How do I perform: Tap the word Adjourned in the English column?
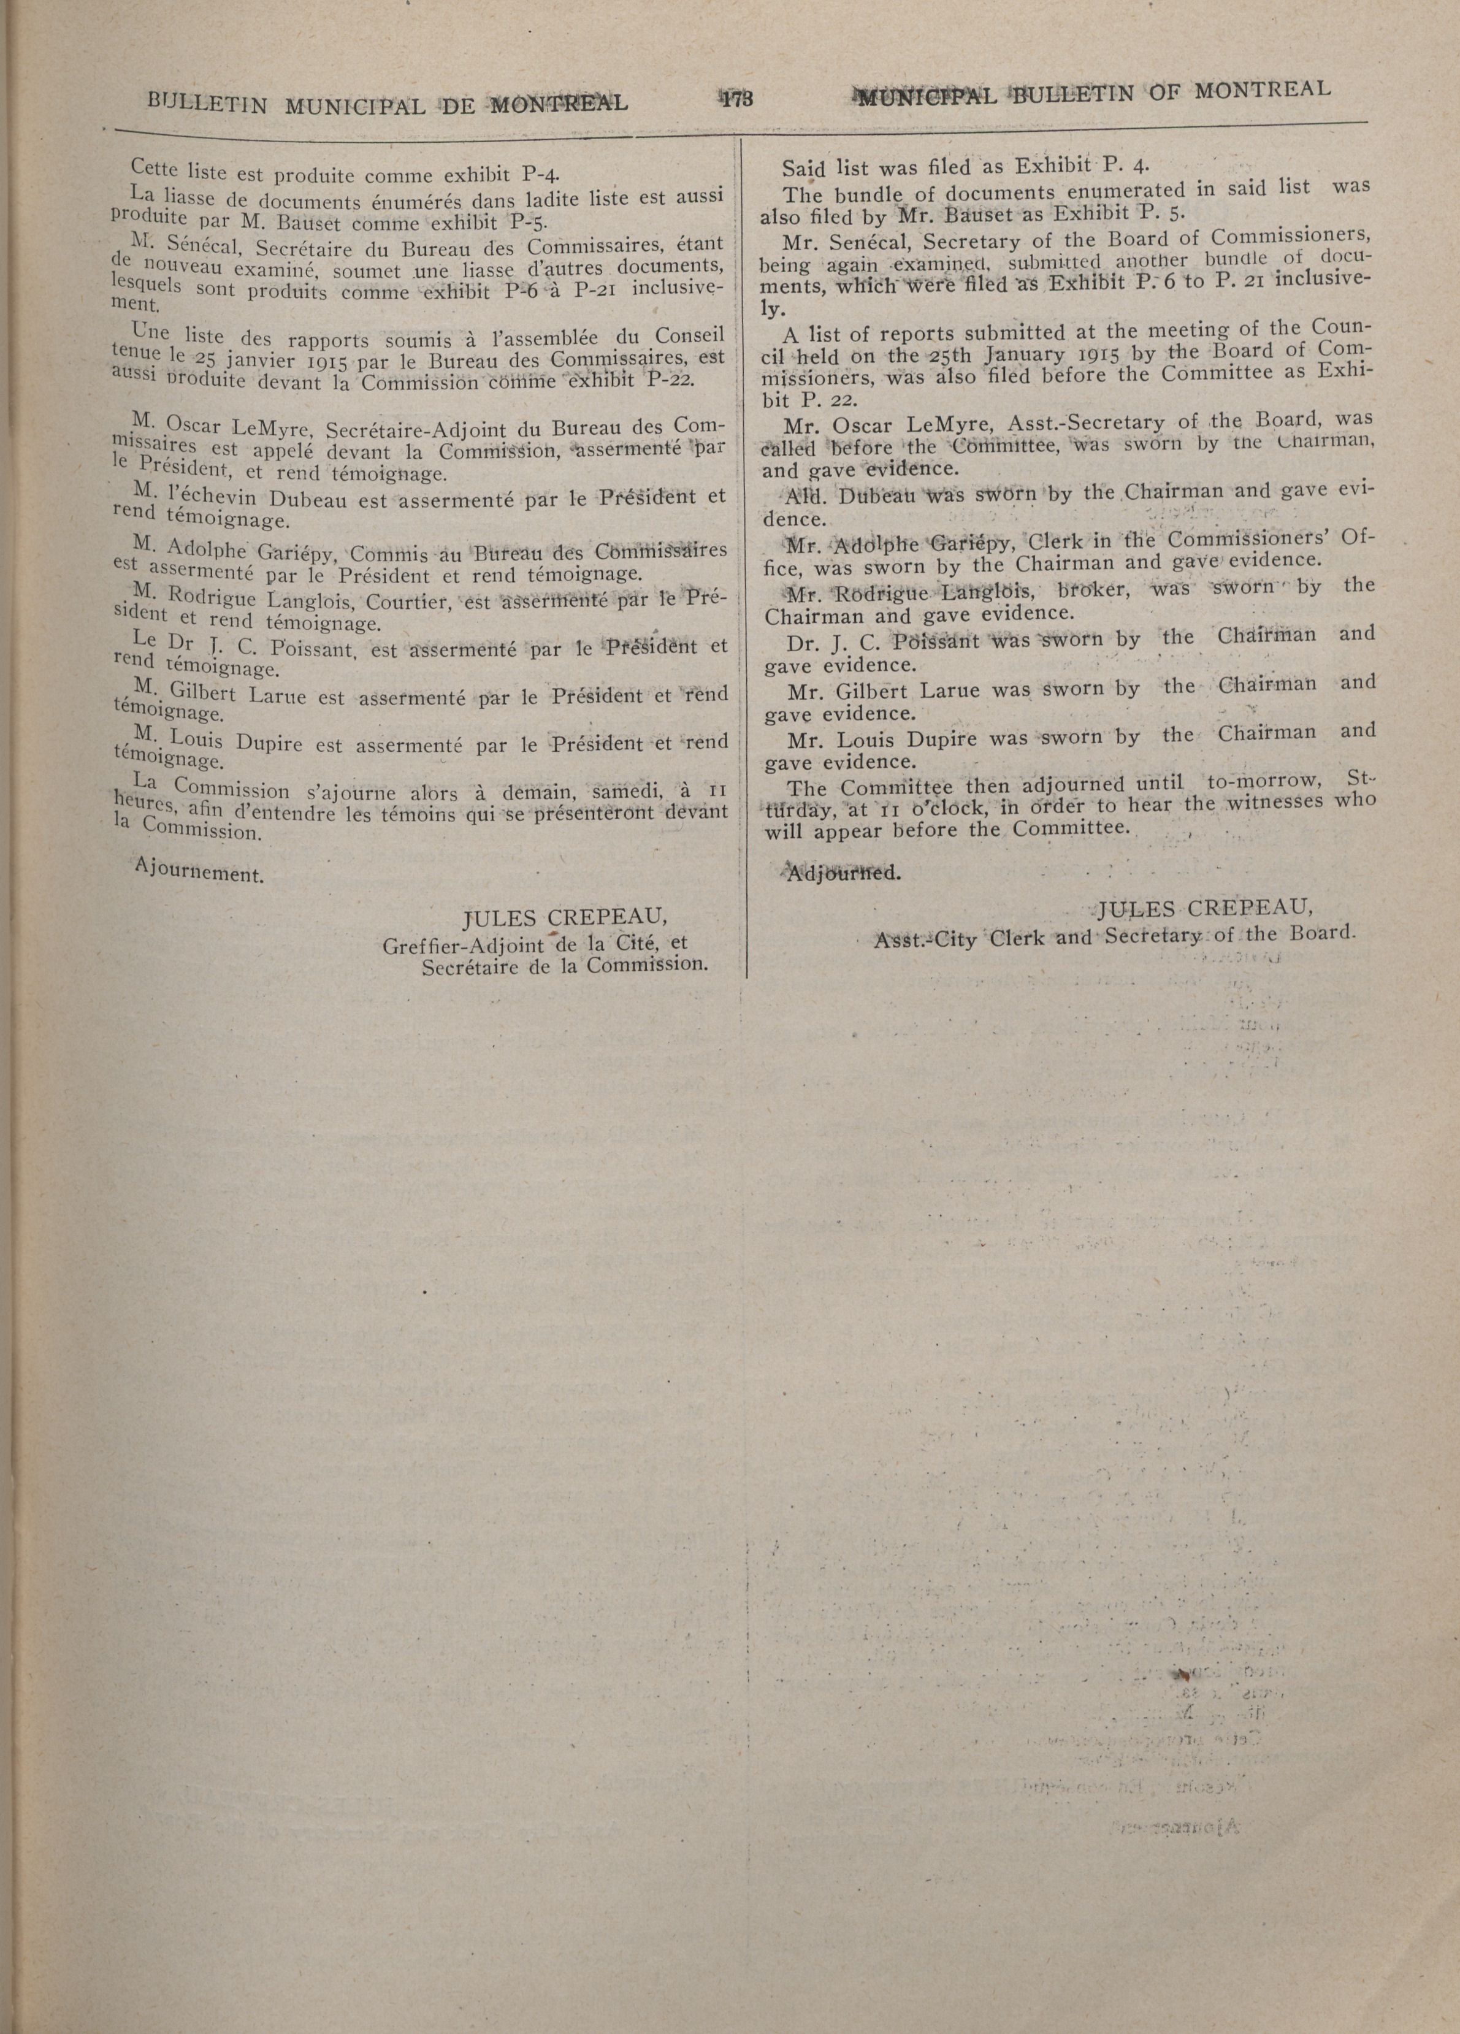point(842,873)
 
